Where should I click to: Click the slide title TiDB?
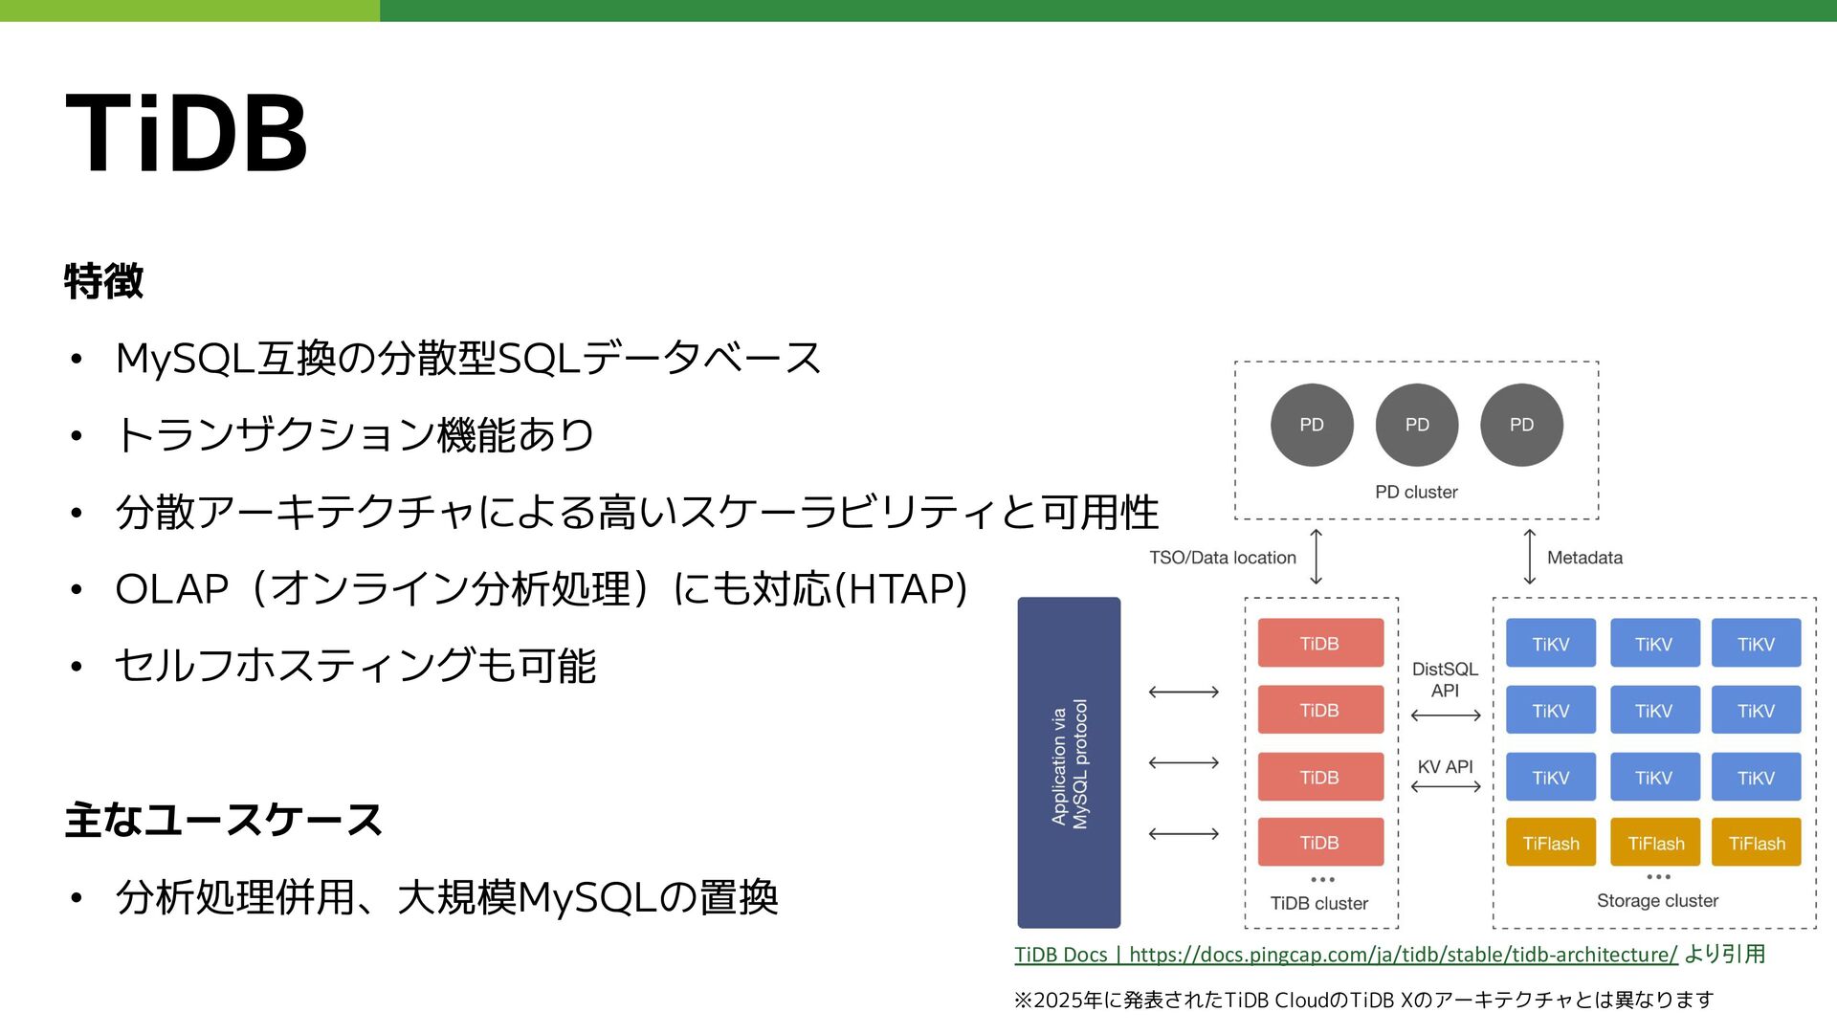[187, 134]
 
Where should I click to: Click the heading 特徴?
[104, 281]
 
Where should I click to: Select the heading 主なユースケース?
[224, 821]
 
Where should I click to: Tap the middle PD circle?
[1416, 425]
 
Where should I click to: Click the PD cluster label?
[1416, 492]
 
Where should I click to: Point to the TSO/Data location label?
[1222, 558]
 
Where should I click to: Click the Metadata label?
[1584, 558]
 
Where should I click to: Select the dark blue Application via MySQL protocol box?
[1069, 762]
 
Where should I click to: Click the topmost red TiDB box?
[1319, 643]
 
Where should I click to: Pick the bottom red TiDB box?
[1319, 842]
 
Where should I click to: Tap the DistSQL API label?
[1445, 679]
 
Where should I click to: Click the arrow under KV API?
[1446, 786]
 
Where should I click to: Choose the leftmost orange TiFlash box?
[1551, 843]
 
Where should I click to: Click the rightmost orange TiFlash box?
[1756, 843]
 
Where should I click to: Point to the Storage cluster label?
[1657, 900]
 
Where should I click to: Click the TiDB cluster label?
[1319, 903]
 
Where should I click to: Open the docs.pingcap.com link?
[1403, 955]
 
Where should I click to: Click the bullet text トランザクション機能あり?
[355, 435]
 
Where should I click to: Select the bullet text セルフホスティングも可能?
[355, 666]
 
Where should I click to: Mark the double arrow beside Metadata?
[1529, 557]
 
